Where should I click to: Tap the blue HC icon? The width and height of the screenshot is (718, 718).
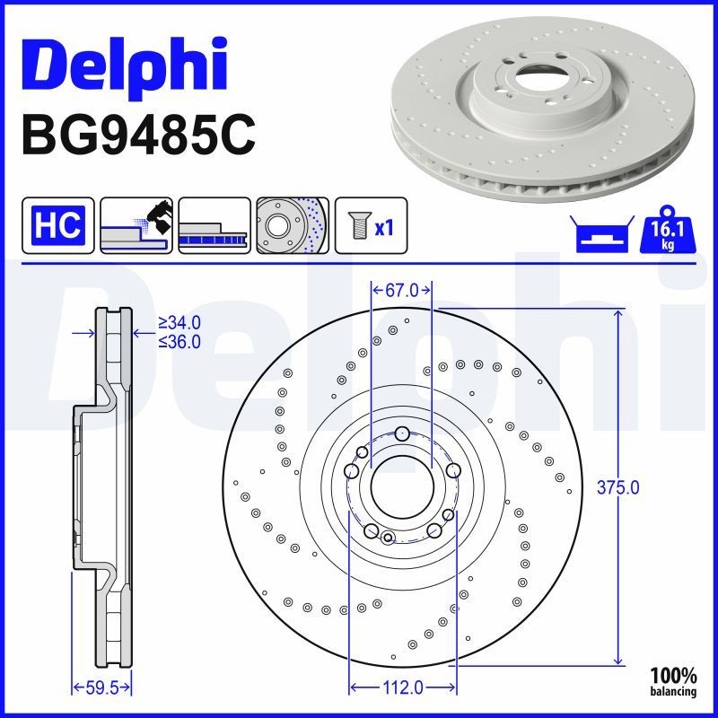[57, 224]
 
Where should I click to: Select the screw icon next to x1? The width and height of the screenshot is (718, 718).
[355, 225]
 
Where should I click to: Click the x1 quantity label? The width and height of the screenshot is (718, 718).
[384, 227]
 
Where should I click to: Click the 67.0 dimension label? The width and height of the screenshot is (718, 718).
[402, 290]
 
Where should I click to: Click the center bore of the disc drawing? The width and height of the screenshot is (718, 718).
[401, 486]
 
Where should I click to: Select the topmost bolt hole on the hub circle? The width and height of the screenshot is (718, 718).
[402, 434]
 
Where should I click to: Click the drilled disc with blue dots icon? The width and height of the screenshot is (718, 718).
[292, 224]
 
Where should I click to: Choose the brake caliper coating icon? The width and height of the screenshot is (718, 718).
[136, 224]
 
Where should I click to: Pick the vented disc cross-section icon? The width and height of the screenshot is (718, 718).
[213, 224]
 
